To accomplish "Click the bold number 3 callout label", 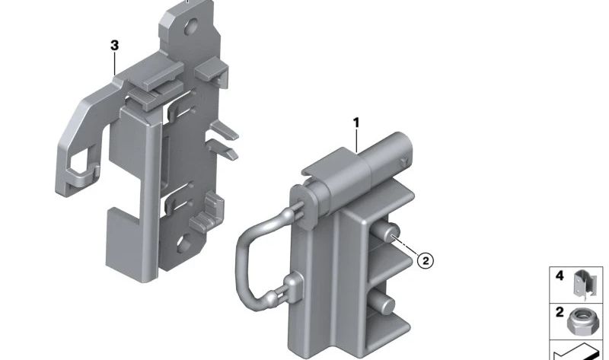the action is click(114, 46).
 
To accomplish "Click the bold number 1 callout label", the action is click(356, 123).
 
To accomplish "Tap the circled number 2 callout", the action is click(426, 260).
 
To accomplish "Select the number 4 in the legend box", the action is click(560, 276).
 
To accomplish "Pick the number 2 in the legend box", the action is click(560, 312).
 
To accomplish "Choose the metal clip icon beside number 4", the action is click(585, 283).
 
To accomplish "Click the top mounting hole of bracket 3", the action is click(191, 27).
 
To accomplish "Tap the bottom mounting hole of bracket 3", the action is click(183, 244).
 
